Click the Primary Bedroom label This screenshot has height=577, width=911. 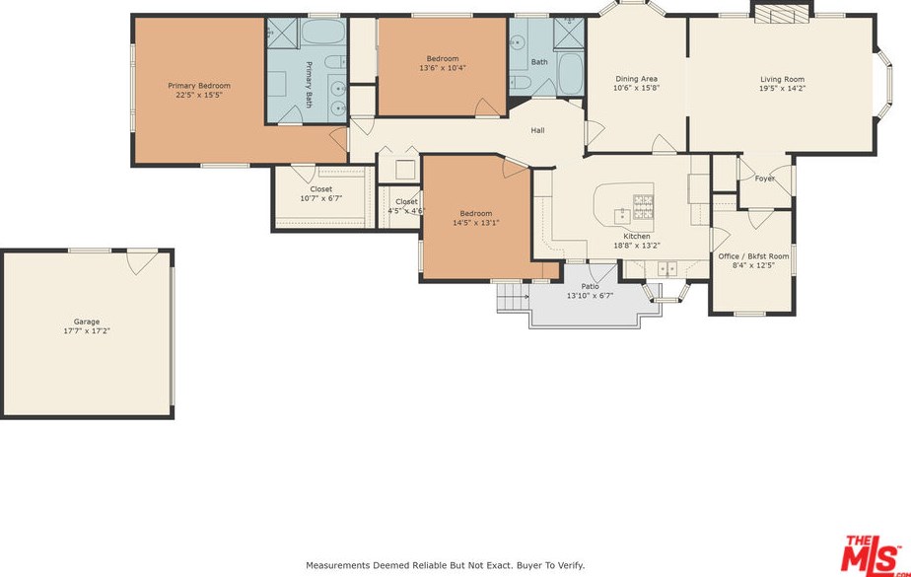coord(199,86)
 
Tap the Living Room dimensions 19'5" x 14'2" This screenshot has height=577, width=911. coord(782,89)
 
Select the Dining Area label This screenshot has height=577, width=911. coord(636,79)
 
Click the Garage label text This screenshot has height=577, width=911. coord(87,322)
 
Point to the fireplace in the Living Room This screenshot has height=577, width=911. coord(782,14)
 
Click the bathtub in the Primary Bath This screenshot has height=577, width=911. coord(323,32)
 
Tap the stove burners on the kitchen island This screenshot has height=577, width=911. coord(643,207)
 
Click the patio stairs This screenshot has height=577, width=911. coord(513,298)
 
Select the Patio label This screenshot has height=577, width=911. coord(591,286)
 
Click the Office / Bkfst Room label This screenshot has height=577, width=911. coord(753,256)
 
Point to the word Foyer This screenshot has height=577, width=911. coord(765,179)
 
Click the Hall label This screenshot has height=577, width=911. coord(538,130)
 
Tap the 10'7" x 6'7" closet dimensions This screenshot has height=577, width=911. coord(321,198)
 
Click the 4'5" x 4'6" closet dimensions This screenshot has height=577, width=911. coord(406,211)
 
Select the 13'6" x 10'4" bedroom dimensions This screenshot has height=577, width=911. coord(443,68)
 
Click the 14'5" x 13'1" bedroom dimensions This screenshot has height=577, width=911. coord(476,223)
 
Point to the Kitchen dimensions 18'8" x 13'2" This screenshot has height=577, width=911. coord(637,246)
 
